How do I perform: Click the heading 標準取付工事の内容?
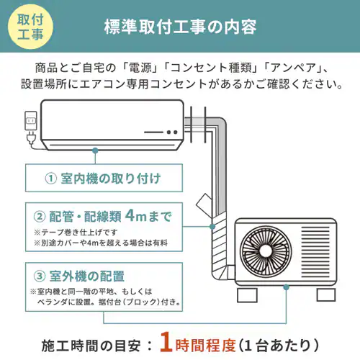tap(180, 28)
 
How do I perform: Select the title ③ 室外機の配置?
tap(79, 276)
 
